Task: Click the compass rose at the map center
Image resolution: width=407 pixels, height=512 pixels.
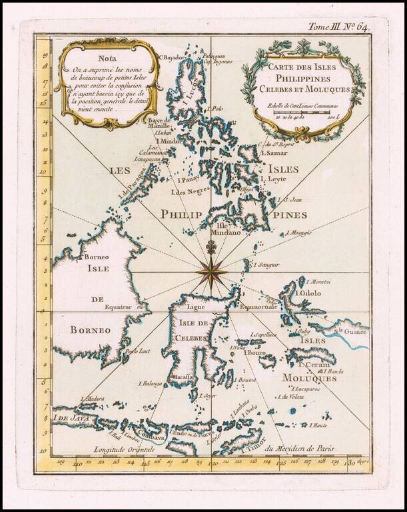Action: point(212,273)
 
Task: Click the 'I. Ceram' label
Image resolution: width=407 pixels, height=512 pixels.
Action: point(312,364)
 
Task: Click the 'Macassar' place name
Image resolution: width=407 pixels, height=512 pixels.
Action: point(183,377)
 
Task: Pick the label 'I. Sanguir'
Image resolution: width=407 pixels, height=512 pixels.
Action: point(266,265)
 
